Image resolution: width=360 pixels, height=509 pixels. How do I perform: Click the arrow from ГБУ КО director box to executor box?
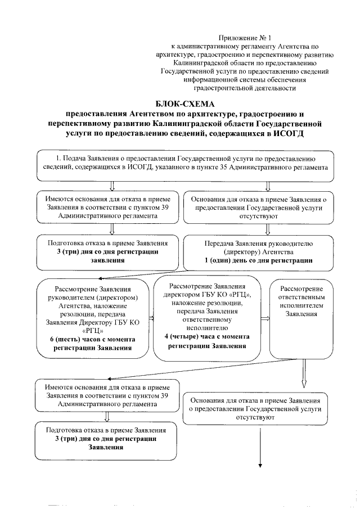click(x=268, y=318)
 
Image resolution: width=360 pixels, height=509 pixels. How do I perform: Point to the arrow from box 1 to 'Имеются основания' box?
click(x=112, y=185)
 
